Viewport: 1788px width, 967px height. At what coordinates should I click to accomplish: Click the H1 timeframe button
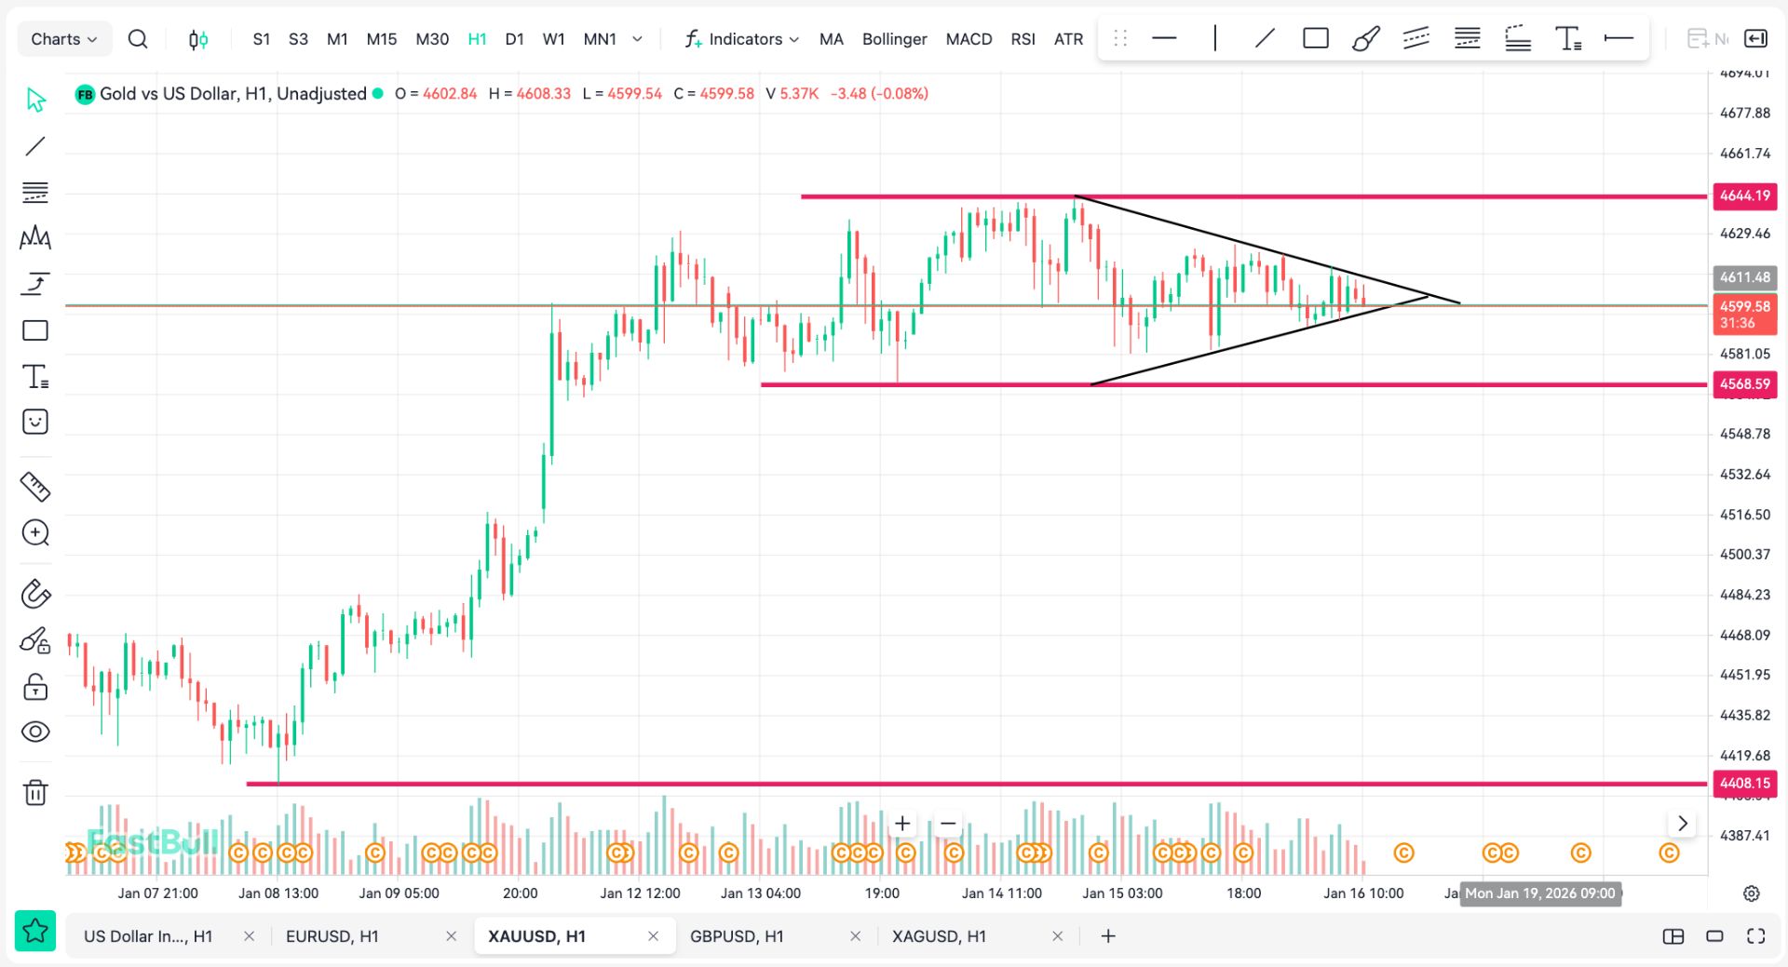click(477, 39)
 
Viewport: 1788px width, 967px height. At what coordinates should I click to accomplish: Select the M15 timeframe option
click(381, 39)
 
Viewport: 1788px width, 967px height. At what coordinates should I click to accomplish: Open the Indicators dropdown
click(742, 39)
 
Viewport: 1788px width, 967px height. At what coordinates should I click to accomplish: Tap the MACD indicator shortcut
click(968, 39)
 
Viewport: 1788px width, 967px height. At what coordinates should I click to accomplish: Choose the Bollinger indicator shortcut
click(894, 39)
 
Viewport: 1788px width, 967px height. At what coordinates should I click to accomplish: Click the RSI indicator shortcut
click(1023, 39)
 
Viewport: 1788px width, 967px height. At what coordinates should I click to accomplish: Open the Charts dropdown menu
click(63, 39)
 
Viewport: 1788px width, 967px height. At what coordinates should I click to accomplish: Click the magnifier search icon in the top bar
click(138, 39)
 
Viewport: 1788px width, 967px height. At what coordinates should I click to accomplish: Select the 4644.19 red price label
click(1744, 195)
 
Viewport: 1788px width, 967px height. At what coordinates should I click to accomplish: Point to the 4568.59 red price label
click(1744, 383)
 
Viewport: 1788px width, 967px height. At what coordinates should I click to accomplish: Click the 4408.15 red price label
click(1744, 783)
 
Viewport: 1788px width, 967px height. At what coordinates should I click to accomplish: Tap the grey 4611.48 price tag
click(1744, 277)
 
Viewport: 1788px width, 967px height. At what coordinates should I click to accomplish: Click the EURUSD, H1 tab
click(332, 936)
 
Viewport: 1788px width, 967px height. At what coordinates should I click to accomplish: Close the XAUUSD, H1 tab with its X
click(653, 936)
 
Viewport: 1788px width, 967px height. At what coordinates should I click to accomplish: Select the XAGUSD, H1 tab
click(939, 936)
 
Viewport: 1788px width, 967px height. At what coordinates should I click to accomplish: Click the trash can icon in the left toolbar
click(35, 792)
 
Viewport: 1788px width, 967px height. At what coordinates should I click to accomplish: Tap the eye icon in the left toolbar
click(35, 732)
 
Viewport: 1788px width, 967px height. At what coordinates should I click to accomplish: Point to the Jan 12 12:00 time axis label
click(640, 893)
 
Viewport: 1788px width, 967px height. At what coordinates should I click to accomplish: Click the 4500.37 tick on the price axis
click(1744, 554)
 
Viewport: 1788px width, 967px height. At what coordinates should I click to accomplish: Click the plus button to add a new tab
click(1108, 936)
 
